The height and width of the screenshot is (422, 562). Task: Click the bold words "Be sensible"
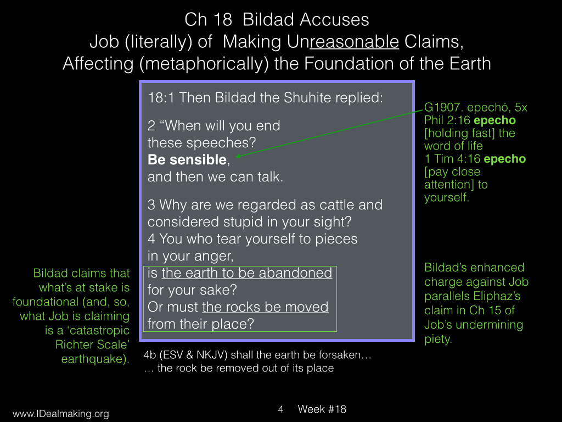(187, 160)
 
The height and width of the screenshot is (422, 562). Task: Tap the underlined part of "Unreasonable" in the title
(354, 42)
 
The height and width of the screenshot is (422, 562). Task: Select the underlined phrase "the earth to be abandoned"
(247, 273)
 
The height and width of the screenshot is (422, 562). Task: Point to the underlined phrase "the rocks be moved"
(265, 307)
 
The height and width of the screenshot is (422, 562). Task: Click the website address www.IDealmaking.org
(60, 414)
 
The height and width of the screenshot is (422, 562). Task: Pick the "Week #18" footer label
(322, 409)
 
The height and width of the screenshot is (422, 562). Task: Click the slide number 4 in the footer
(280, 409)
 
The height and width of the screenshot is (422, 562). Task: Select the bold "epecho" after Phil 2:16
(494, 120)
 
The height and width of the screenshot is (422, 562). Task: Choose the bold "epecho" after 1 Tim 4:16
(505, 159)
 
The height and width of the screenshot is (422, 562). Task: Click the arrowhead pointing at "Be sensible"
(238, 156)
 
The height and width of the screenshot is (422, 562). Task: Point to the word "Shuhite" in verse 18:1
(307, 98)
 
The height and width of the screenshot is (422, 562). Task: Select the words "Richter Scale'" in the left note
(92, 345)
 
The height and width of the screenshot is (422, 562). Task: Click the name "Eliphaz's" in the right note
(496, 296)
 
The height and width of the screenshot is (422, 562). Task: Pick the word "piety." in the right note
(438, 339)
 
